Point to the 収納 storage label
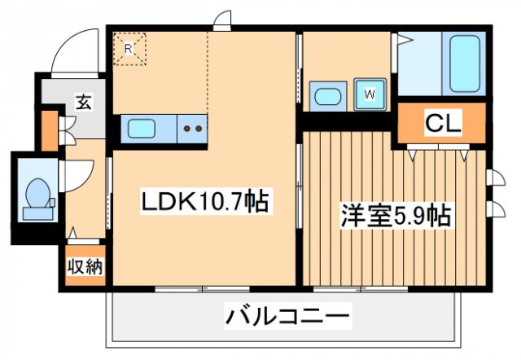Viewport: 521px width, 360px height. (85, 266)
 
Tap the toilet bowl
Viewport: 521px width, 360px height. (37, 195)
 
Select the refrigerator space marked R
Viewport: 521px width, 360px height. (129, 48)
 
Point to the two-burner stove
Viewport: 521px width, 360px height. (193, 128)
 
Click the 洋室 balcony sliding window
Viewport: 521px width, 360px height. (350, 288)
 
